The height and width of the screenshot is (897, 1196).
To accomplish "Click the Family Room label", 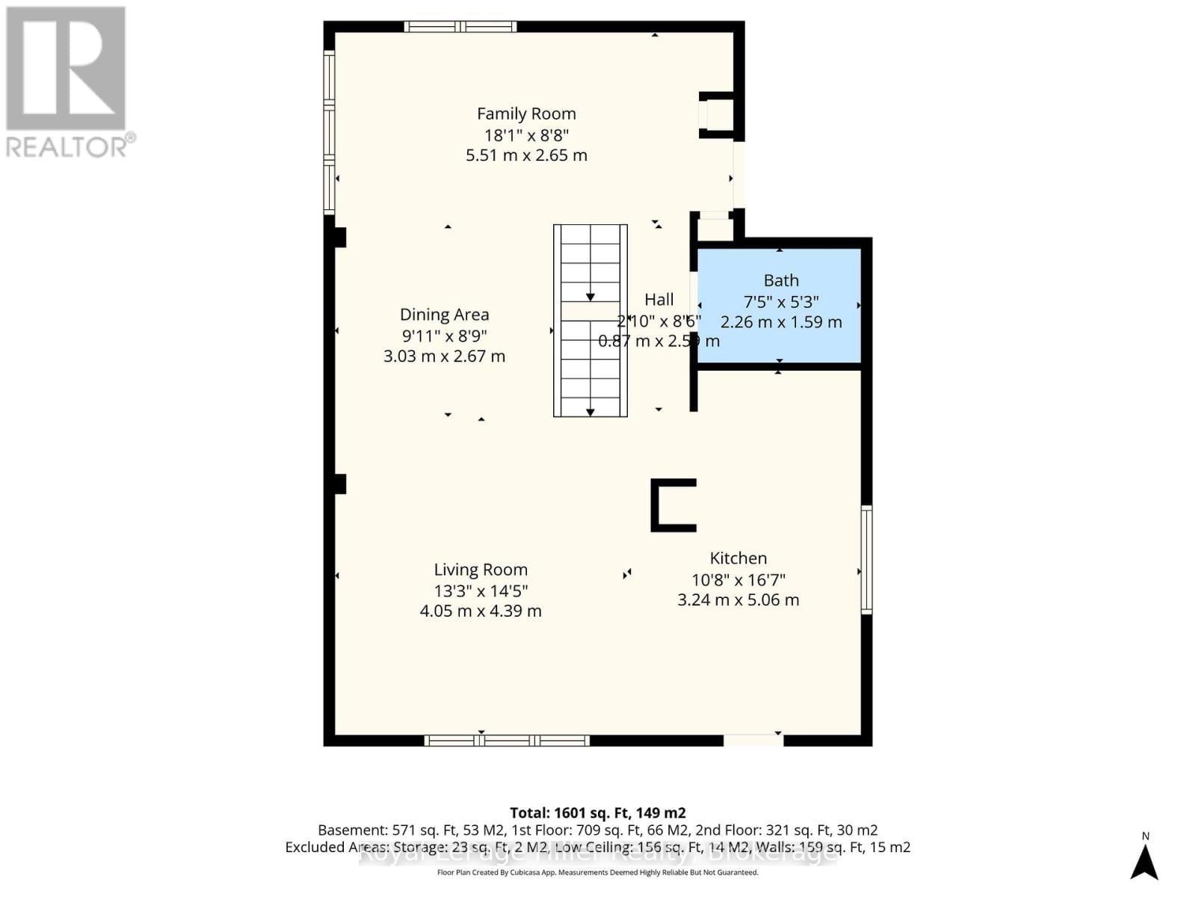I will (526, 114).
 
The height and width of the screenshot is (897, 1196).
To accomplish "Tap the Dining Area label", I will (444, 315).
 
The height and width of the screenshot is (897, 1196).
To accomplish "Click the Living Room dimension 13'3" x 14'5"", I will (481, 591).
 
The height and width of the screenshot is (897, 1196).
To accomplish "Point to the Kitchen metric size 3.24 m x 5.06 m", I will (738, 599).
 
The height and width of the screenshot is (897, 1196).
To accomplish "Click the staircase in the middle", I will (590, 321).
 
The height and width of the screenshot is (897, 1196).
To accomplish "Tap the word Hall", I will (659, 300).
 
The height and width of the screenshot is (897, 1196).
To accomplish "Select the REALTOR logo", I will (67, 82).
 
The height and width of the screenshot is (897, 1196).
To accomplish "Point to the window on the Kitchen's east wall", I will (866, 560).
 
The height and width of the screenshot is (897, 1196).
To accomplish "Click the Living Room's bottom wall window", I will (507, 741).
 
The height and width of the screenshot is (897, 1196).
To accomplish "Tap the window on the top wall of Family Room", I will (460, 27).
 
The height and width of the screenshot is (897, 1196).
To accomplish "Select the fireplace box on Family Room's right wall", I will (716, 115).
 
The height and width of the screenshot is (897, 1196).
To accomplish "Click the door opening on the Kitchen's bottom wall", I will (753, 740).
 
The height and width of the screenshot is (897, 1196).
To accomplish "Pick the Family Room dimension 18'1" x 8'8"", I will (526, 135).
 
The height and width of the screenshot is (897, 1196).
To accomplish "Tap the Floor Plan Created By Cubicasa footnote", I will (597, 872).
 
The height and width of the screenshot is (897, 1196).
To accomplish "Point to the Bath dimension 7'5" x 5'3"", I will (780, 302).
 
